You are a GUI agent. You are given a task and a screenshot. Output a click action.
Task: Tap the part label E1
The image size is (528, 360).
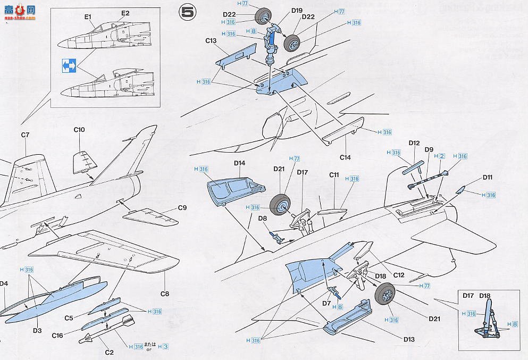coord(88,17)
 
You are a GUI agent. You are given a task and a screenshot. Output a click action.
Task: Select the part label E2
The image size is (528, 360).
coord(125,13)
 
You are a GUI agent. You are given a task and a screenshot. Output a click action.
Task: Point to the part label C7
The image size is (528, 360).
coord(24,135)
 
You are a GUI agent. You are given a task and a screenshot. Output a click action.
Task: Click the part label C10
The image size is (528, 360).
coord(80,130)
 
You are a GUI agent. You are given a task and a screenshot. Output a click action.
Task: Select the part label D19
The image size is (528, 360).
coord(297,10)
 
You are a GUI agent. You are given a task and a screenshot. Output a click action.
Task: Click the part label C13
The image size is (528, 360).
coord(210,41)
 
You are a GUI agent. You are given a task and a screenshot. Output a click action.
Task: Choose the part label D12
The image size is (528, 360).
coord(414,143)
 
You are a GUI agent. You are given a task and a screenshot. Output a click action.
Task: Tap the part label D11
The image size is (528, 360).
coord(488,177)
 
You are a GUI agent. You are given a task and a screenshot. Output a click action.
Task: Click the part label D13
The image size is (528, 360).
coord(408,339)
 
